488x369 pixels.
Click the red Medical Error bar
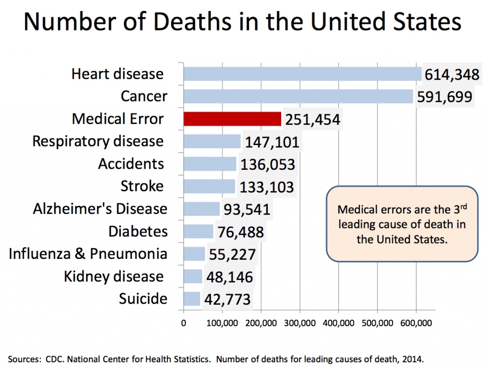click(x=232, y=119)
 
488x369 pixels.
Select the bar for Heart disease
click(x=302, y=74)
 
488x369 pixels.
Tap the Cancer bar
click(x=298, y=96)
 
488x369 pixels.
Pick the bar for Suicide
click(x=192, y=299)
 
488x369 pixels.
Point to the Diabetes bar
click(x=198, y=231)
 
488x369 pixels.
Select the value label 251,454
click(x=313, y=119)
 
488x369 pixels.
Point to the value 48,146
click(x=230, y=277)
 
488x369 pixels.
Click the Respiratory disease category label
click(x=98, y=141)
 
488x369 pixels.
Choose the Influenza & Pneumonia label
click(x=88, y=254)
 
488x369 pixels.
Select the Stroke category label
click(x=142, y=186)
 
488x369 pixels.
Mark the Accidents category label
click(x=131, y=164)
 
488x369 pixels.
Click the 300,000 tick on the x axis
click(x=300, y=323)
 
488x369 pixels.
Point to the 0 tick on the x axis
click(x=183, y=323)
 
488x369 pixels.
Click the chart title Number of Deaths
click(x=243, y=22)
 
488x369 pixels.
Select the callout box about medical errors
click(x=401, y=224)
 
